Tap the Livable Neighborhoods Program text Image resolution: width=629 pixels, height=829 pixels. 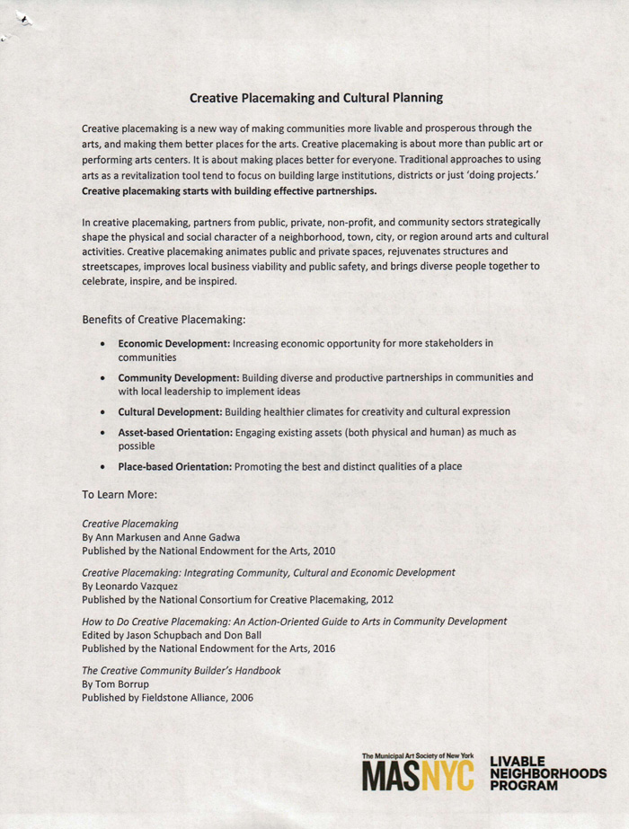coord(547,772)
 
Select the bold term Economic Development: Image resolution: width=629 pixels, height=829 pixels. coord(174,343)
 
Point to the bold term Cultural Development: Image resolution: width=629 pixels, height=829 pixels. coord(171,411)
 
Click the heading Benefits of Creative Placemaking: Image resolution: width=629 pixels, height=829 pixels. coord(164,319)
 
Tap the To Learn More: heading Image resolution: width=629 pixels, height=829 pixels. coord(120,493)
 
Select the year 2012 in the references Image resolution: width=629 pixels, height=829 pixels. coord(379,599)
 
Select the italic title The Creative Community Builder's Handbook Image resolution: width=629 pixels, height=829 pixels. coord(182,670)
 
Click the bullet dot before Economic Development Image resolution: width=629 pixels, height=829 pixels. coord(105,344)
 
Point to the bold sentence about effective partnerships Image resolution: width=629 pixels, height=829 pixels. coord(229,190)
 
